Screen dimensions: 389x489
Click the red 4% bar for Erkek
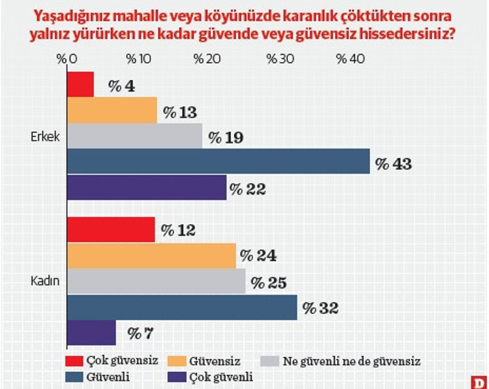80,84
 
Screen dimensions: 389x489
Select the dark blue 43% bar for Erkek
218,161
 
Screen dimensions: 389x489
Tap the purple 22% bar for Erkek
146,187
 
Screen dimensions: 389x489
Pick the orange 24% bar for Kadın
151,256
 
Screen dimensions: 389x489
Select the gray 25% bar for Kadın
156,281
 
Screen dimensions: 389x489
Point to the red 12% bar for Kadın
111,230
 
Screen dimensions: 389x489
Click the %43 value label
393,163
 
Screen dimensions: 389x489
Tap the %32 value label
321,308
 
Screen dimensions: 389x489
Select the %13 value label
180,111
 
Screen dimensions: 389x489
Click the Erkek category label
45,136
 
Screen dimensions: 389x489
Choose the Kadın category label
46,281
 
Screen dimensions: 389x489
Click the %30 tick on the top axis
280,59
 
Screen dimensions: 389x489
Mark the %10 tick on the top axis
140,59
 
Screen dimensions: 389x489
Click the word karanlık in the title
297,14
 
